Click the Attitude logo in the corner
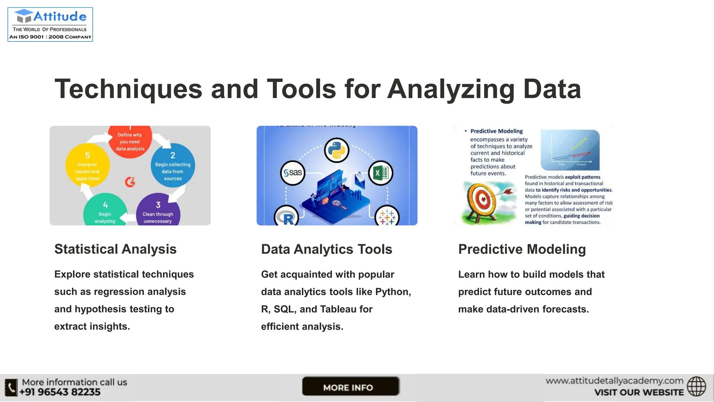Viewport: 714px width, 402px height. (50, 24)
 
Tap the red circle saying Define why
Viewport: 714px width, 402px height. (130, 142)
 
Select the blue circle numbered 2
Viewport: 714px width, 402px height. (173, 165)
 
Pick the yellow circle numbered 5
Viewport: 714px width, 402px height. (88, 166)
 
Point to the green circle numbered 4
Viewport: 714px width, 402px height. (105, 211)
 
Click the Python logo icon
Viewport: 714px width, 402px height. (336, 150)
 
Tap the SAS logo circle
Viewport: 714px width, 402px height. (293, 173)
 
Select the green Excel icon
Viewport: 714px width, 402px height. (380, 173)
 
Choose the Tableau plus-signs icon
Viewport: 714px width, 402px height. (387, 217)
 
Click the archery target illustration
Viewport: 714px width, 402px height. (483, 201)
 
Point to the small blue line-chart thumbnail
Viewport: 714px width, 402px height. (570, 150)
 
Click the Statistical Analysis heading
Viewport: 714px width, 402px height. (115, 249)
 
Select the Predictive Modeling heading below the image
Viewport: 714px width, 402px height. (522, 249)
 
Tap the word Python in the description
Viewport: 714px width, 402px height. (392, 292)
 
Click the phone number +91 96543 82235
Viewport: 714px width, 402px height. (60, 392)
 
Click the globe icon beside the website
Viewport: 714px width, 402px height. (696, 386)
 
